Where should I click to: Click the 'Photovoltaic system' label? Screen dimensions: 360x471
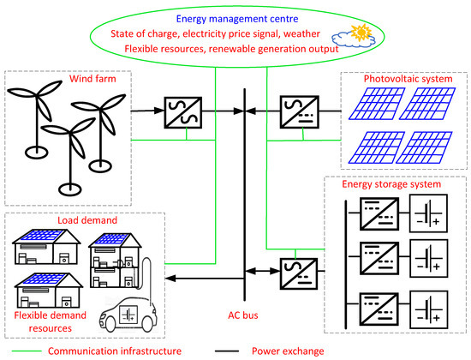coord(396,79)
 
